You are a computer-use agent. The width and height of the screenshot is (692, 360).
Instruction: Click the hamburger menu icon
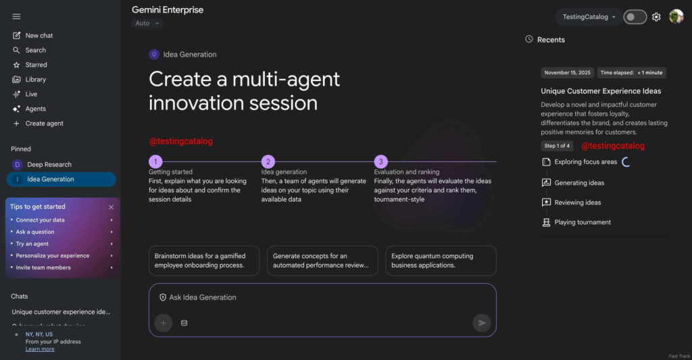[16, 16]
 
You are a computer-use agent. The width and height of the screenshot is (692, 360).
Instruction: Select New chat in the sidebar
[39, 35]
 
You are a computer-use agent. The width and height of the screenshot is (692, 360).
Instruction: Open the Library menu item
[35, 79]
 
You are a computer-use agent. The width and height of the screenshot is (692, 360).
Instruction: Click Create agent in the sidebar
[44, 124]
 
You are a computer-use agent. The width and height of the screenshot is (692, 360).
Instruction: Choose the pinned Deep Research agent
[49, 164]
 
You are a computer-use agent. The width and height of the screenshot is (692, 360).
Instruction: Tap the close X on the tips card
[112, 207]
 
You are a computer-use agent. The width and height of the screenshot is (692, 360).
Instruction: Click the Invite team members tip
[43, 267]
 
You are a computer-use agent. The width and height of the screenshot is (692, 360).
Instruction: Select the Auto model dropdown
[147, 23]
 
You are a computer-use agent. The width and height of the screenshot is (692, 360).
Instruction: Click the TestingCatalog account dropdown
[589, 17]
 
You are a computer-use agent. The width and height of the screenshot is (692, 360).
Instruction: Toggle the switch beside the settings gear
[635, 17]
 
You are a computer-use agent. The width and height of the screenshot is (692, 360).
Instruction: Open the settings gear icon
[656, 17]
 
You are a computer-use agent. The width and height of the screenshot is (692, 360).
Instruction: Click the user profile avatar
[676, 16]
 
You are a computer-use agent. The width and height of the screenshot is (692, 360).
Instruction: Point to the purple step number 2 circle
[268, 161]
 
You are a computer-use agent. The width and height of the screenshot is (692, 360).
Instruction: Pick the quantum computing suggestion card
[441, 261]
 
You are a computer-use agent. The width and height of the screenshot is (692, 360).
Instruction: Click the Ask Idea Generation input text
[202, 297]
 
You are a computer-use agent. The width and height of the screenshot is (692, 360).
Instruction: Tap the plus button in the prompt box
[163, 323]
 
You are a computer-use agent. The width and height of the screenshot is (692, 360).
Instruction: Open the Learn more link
[40, 349]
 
